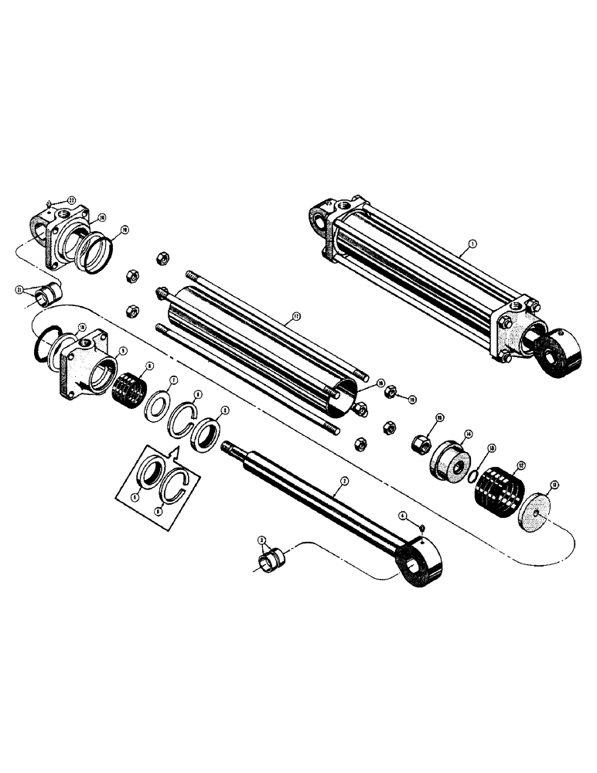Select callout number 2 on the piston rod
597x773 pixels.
tap(345, 482)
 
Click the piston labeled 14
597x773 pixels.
tap(447, 463)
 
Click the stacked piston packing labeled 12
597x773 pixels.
tap(499, 492)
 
